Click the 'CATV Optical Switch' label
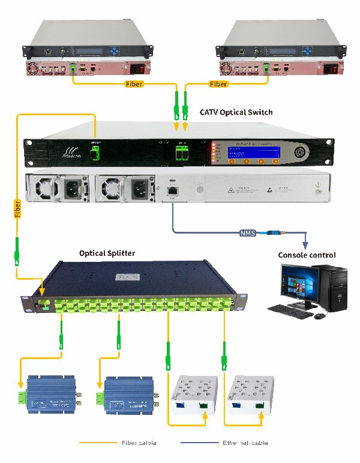coord(236,112)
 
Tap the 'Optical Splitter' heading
coord(107,253)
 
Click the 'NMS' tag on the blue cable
coord(247,232)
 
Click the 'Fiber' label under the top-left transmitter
coord(133,84)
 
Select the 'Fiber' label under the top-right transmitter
coord(218,84)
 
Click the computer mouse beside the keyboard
coord(322,315)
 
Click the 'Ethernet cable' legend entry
coord(246,443)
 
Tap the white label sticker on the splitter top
coord(134,277)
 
